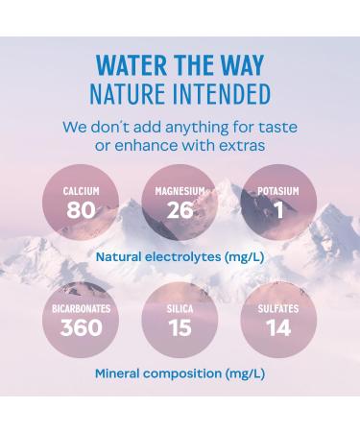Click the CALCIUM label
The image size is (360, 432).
[82, 192]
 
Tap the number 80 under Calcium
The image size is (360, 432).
[82, 209]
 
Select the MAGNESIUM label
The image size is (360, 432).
[180, 192]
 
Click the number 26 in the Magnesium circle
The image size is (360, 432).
[180, 209]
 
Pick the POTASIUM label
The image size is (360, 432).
[278, 192]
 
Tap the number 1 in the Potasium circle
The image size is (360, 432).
[278, 209]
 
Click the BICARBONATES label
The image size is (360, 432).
[82, 310]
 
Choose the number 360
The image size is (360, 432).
[82, 328]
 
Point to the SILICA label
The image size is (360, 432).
[180, 310]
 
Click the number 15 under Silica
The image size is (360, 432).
[180, 328]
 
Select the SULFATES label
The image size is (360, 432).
[278, 310]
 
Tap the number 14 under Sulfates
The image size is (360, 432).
[278, 328]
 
